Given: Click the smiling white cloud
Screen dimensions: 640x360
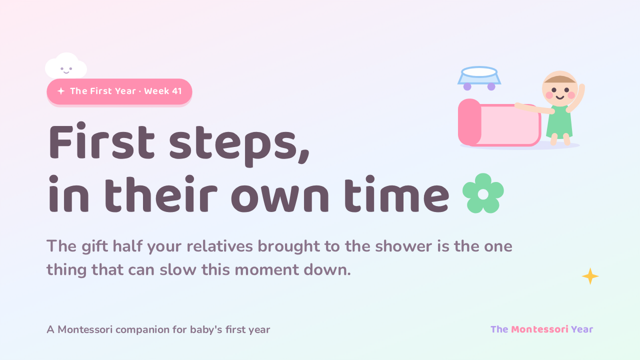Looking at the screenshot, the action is click(66, 66).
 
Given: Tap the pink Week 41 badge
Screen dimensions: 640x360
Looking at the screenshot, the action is click(119, 91).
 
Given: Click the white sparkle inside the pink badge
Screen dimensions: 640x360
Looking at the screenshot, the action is click(61, 91).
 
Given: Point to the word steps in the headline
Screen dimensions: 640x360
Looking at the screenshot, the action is click(239, 145).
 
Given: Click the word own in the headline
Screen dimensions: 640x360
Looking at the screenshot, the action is click(280, 196).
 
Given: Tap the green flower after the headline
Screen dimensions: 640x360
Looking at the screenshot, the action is click(483, 193).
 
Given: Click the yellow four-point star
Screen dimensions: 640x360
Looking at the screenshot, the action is click(590, 276).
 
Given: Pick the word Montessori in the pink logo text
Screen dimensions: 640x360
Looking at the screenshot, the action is click(539, 329).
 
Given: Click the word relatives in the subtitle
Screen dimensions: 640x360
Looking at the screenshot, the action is click(219, 246).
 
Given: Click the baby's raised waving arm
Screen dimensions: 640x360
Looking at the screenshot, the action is click(576, 97).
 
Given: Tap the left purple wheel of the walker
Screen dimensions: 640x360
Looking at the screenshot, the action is click(467, 86).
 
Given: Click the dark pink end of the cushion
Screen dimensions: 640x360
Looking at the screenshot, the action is click(469, 122).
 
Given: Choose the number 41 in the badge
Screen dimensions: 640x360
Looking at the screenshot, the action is click(177, 91).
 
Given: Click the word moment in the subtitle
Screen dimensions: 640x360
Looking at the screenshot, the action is click(266, 270).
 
